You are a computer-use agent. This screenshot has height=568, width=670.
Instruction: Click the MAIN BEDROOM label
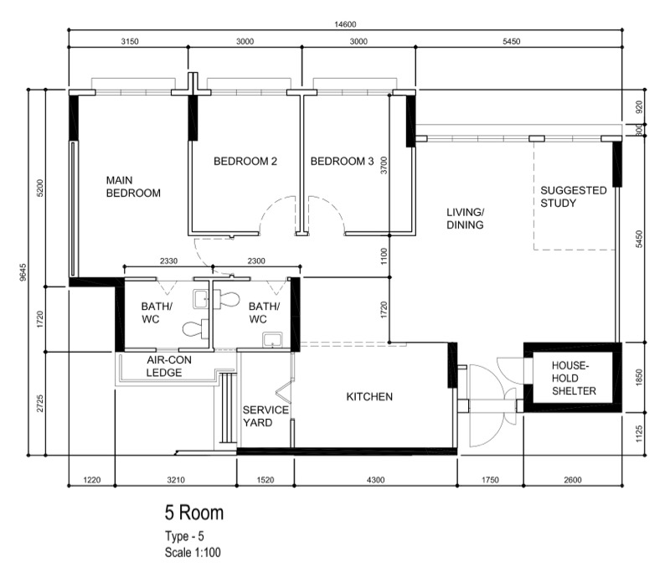[133, 187]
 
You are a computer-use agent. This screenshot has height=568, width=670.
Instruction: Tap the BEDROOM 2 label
[245, 161]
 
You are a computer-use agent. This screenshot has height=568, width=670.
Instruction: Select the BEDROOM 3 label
[342, 161]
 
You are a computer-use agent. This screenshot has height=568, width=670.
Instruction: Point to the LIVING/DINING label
[466, 219]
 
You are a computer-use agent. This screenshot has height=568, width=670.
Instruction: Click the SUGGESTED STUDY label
[574, 197]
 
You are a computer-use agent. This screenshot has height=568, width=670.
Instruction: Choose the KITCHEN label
[369, 396]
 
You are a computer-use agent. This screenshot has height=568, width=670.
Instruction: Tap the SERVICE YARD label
[265, 416]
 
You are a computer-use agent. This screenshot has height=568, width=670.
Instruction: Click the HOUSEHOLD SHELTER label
[574, 378]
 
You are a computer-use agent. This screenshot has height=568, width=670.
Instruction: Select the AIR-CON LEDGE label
[169, 366]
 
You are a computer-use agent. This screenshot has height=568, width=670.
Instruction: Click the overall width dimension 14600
[345, 24]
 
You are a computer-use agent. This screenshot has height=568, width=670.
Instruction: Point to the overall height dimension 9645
[23, 272]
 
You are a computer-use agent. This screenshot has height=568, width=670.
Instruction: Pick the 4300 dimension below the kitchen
[375, 480]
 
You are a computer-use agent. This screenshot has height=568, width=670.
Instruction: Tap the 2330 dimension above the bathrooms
[169, 261]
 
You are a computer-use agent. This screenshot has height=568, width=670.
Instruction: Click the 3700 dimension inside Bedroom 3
[384, 165]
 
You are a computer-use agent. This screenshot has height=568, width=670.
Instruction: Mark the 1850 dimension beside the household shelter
[639, 377]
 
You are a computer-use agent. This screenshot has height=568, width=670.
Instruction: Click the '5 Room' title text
[194, 513]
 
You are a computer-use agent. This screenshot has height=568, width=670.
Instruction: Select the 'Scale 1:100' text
[193, 552]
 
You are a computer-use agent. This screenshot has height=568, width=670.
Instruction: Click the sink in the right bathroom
[272, 340]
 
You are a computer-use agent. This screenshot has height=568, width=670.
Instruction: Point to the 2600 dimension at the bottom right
[573, 480]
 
